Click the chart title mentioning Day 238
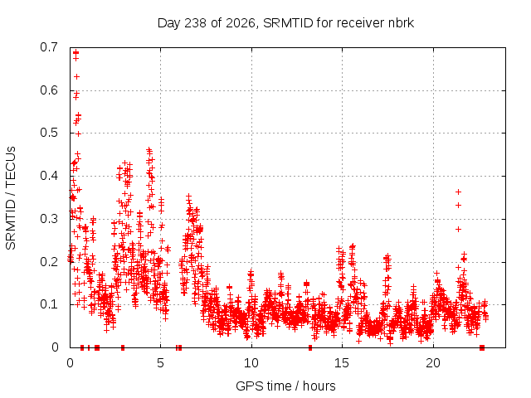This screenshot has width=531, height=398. (285, 23)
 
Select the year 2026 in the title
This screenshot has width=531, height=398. (240, 23)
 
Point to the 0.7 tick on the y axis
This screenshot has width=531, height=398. (49, 47)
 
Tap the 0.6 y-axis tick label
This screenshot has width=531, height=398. (49, 90)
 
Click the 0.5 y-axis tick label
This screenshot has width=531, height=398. (49, 133)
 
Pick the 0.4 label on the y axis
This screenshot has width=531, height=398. (49, 176)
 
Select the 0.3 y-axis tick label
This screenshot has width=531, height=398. (49, 219)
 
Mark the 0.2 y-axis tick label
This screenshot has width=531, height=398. (49, 262)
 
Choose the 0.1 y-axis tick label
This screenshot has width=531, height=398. (49, 304)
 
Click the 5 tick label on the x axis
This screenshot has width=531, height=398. (160, 363)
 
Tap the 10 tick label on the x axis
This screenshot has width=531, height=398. (251, 363)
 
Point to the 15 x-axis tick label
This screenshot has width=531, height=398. (342, 363)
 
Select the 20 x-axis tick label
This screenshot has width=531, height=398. (433, 363)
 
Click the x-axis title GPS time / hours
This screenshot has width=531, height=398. (285, 386)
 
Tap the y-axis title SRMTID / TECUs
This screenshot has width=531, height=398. (11, 198)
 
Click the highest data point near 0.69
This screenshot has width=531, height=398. (76, 52)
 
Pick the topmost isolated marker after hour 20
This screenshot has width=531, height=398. (458, 192)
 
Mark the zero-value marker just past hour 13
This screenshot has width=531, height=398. (310, 347)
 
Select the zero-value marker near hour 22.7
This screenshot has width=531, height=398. (482, 347)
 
